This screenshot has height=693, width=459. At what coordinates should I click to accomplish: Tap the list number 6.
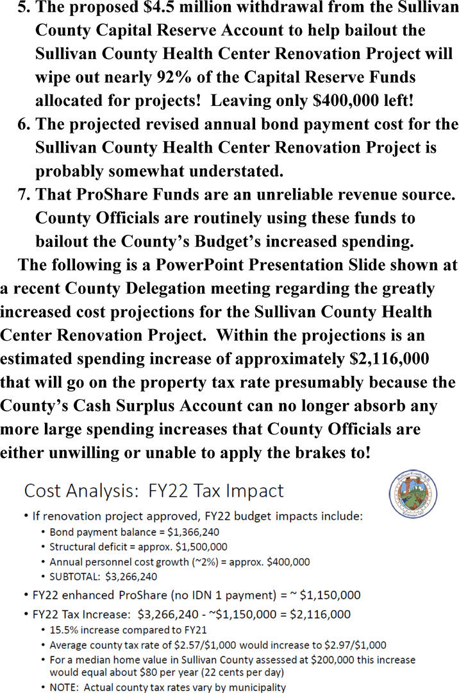click(x=24, y=124)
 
